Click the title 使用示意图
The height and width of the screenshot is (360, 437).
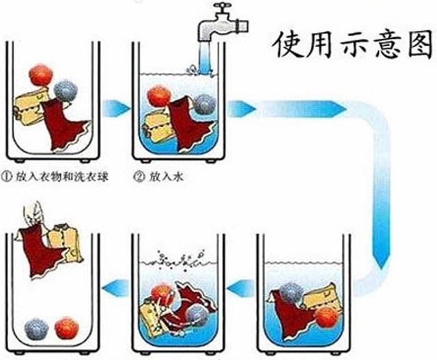coord(351,45)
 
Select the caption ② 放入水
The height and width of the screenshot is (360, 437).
coord(163,176)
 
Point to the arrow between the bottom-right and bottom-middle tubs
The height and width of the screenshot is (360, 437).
coord(238,291)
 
